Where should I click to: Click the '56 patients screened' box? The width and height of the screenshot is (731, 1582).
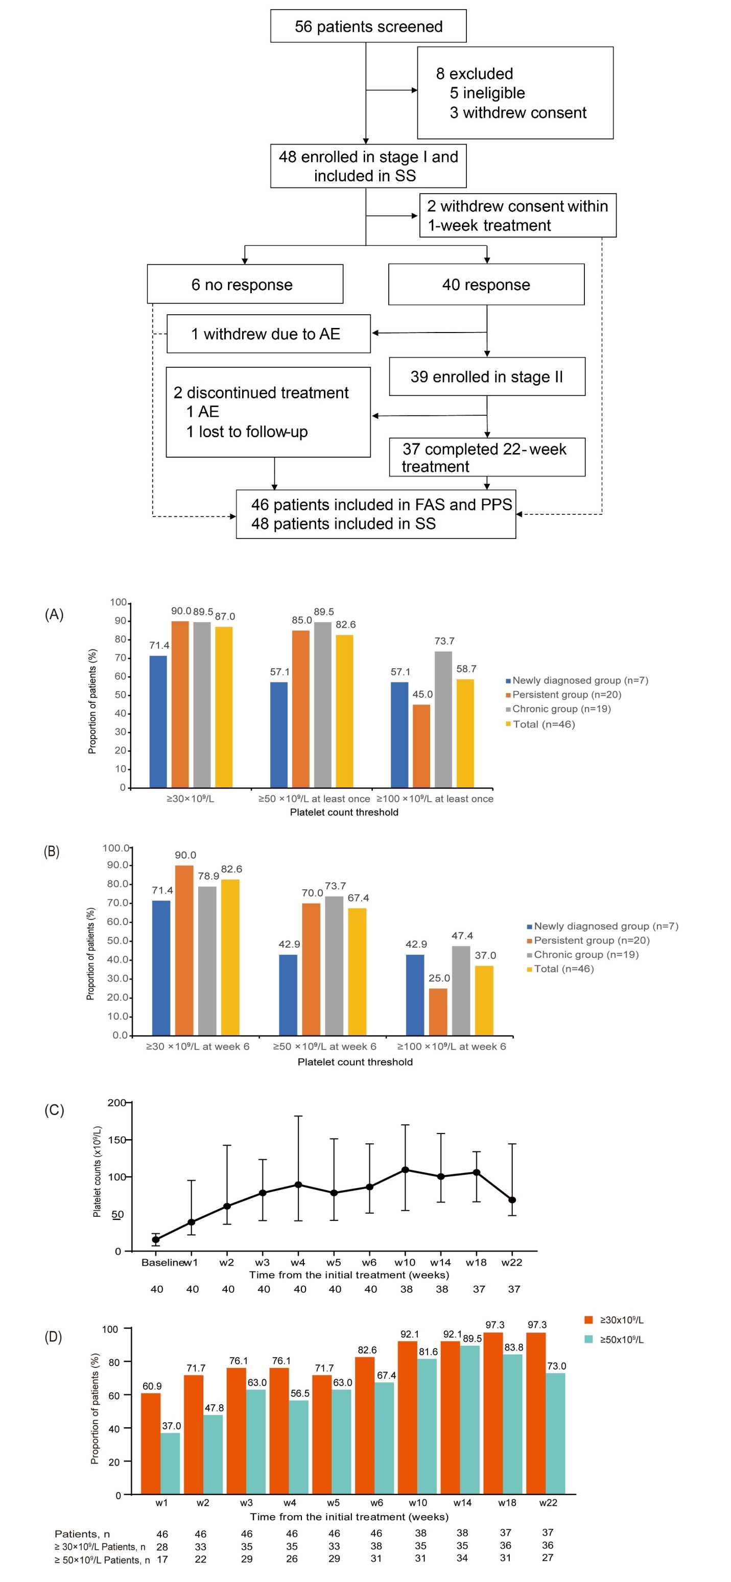tap(368, 27)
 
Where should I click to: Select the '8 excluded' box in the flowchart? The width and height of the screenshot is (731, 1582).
tap(515, 93)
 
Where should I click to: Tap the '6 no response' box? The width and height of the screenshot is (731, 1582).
tap(245, 285)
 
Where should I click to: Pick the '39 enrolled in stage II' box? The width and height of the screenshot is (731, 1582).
tap(486, 376)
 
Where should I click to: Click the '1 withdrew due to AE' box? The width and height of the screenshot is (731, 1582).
tap(269, 334)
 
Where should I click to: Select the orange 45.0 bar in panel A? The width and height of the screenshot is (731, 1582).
tap(421, 746)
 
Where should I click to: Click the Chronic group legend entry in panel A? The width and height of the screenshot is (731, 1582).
tap(561, 709)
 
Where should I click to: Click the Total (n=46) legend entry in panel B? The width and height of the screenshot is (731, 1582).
tap(563, 969)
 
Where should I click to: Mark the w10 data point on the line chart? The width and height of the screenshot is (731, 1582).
tap(406, 1170)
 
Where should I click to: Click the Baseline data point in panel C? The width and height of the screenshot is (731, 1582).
tap(156, 1240)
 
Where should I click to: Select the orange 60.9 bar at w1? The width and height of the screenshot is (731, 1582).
tap(151, 1443)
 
